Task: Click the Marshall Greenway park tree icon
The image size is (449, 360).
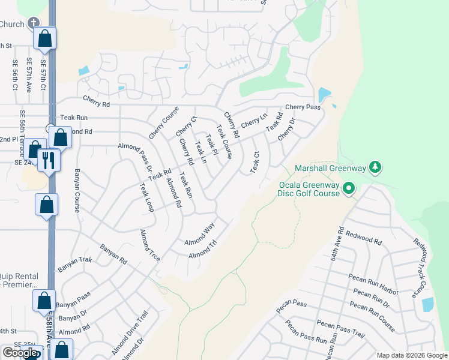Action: click(375, 166)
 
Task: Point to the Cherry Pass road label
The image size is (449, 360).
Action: click(303, 107)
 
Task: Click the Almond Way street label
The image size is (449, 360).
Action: click(199, 234)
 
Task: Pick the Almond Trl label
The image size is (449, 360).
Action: click(202, 251)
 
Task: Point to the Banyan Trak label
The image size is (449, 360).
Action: click(74, 265)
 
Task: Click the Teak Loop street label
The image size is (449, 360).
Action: click(146, 198)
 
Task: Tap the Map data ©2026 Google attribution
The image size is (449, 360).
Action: click(412, 355)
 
